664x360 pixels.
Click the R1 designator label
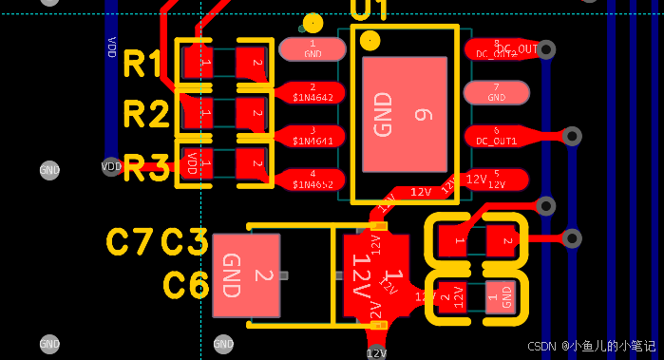pos(144,65)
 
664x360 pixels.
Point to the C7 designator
pos(130,242)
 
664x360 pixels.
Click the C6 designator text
pos(185,285)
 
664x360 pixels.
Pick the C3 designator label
pos(185,242)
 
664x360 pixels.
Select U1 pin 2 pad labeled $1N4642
pos(312,92)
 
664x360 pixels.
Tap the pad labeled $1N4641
pos(312,136)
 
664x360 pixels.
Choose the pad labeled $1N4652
pos(312,180)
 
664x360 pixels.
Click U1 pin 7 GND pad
pos(496,92)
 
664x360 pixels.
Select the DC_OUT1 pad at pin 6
pos(496,136)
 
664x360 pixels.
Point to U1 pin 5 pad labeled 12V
pos(496,180)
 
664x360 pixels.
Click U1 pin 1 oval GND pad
pos(312,48)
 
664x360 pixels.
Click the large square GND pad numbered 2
pos(246,275)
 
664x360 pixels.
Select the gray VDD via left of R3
pos(111,166)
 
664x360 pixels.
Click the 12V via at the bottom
pos(377,352)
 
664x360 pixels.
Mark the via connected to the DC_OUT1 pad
pos(572,136)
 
